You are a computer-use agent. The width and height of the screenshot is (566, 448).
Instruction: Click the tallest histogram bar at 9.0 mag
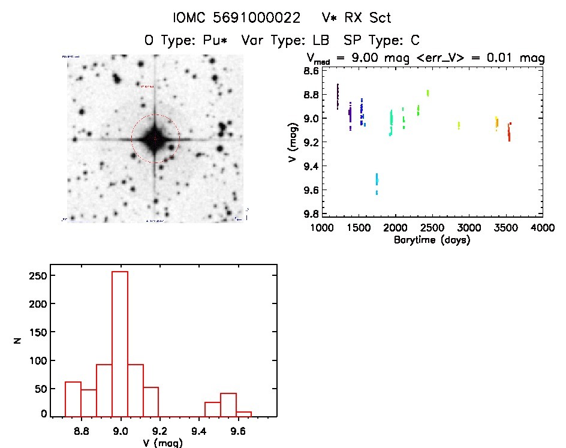(120, 343)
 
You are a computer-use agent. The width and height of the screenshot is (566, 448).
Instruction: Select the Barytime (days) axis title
(432, 240)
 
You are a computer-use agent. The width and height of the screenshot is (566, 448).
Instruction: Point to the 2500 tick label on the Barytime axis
(432, 228)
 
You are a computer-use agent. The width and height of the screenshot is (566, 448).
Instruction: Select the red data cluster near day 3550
(509, 132)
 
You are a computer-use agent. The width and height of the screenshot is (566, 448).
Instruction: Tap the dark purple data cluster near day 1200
(338, 96)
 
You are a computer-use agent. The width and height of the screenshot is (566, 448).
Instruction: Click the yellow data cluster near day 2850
(459, 125)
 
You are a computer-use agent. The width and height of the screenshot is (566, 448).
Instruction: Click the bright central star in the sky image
(155, 139)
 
